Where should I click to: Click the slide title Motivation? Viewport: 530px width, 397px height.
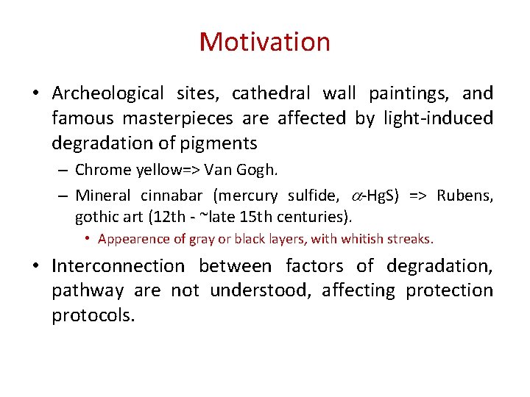tap(264, 42)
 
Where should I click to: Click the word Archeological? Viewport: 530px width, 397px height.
tap(108, 93)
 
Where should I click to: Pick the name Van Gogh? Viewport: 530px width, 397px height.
tap(241, 171)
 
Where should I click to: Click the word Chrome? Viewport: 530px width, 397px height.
tap(104, 171)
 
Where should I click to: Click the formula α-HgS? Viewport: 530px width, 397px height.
tap(372, 196)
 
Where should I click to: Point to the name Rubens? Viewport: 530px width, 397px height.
tap(464, 196)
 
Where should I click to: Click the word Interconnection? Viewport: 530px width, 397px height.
tap(119, 265)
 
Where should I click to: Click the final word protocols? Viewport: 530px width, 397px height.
tap(93, 315)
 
